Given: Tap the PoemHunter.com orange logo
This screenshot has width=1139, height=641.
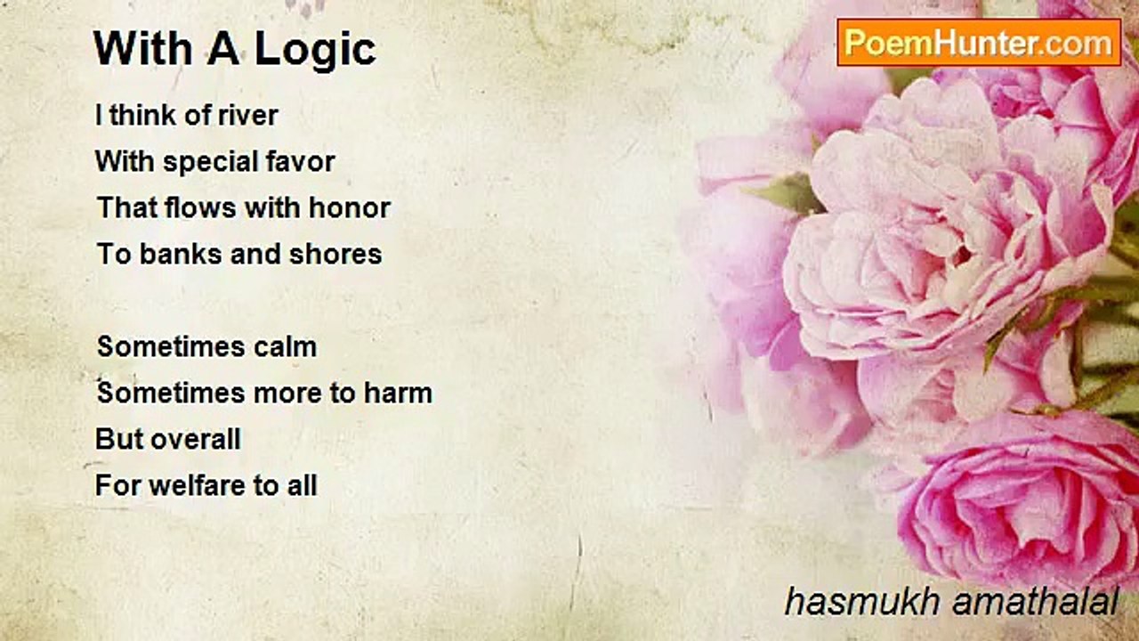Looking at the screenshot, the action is click(979, 42).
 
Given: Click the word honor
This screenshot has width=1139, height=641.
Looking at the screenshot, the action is click(350, 207).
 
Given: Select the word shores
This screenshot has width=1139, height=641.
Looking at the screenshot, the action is click(335, 254).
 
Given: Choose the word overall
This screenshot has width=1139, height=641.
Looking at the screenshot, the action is click(197, 439).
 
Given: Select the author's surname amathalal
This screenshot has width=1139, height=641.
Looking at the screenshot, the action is click(1035, 602).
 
